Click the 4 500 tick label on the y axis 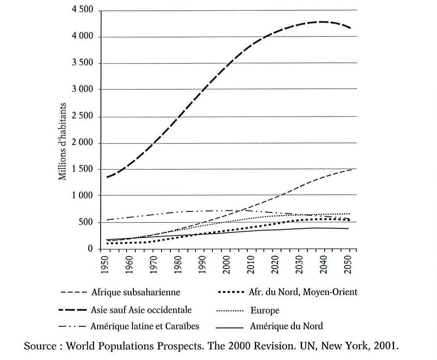[83, 11]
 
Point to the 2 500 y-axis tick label [83, 117]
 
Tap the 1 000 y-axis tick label [83, 195]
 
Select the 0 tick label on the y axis [90, 249]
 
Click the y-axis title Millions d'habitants [63, 141]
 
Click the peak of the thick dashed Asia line [322, 21]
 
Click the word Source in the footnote [40, 347]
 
